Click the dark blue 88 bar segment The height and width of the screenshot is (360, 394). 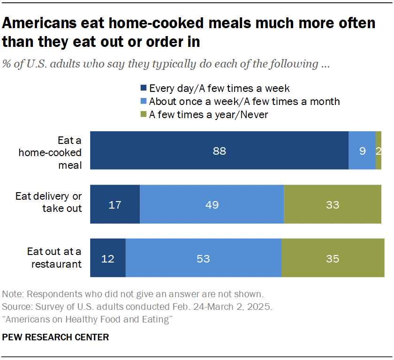pyautogui.click(x=219, y=150)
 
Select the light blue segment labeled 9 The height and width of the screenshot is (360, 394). pyautogui.click(x=362, y=150)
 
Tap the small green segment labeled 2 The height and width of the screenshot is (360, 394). pyautogui.click(x=379, y=150)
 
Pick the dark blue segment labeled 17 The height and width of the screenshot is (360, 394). pyautogui.click(x=115, y=204)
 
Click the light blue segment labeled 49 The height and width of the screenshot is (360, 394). pyautogui.click(x=212, y=204)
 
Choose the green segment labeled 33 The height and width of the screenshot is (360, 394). pyautogui.click(x=333, y=204)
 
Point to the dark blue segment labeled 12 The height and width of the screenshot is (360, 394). pyautogui.click(x=108, y=258)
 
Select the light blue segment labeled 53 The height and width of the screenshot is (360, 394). pyautogui.click(x=203, y=258)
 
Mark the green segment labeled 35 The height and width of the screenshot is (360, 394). pyautogui.click(x=333, y=258)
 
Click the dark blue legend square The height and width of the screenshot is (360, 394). pyautogui.click(x=143, y=88)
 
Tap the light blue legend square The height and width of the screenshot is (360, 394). pyautogui.click(x=143, y=101)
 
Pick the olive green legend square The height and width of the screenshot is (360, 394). pyautogui.click(x=143, y=114)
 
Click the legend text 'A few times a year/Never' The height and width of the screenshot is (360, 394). pyautogui.click(x=208, y=114)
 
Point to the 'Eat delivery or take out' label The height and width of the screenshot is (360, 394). pyautogui.click(x=49, y=202)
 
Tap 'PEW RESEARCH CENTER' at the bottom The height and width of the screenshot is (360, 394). pyautogui.click(x=55, y=337)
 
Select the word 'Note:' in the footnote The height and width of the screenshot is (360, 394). pyautogui.click(x=13, y=295)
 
